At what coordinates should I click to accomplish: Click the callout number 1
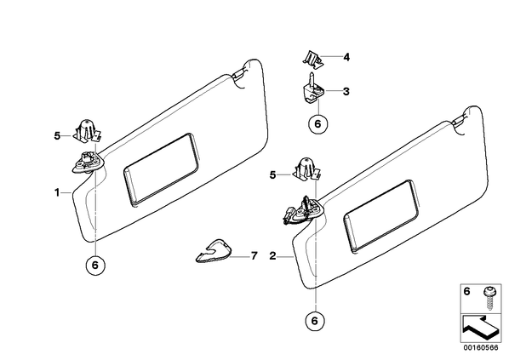coord(57,192)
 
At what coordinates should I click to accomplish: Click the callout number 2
coord(272,256)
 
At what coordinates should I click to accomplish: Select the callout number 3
coord(346,92)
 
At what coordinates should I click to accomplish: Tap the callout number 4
coord(346,58)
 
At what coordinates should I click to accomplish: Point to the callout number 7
coord(254,256)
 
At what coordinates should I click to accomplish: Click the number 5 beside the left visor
coord(57,135)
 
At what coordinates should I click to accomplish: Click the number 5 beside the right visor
coord(272,175)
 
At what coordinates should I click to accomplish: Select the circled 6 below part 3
coord(317,123)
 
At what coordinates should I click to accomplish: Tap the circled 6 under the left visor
coord(95,266)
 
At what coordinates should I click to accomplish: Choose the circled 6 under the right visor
coord(315,321)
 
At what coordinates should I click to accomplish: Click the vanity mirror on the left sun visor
coord(162,169)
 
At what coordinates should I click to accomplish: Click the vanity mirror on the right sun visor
coord(380,216)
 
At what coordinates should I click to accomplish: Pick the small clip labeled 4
coord(312,60)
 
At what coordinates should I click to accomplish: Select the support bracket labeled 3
coord(312,88)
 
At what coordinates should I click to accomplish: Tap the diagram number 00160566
coord(480,348)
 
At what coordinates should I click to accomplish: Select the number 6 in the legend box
coord(466,292)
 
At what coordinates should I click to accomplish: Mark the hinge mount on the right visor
coord(303,210)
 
